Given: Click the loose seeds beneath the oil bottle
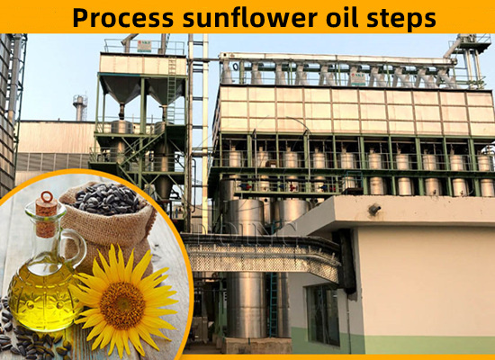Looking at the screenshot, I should click(22, 340).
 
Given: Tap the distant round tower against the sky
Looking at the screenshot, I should click(80, 107).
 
